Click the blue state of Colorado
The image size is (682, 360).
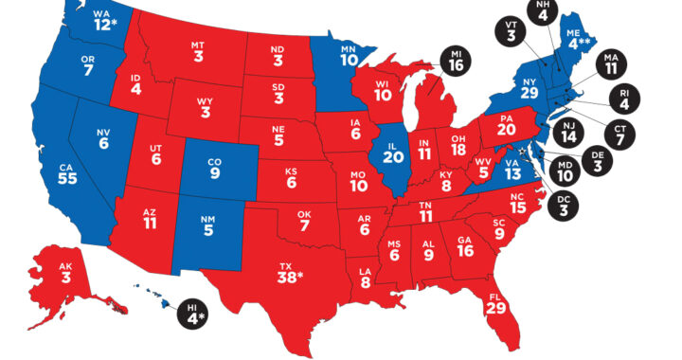coord(215,168)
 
